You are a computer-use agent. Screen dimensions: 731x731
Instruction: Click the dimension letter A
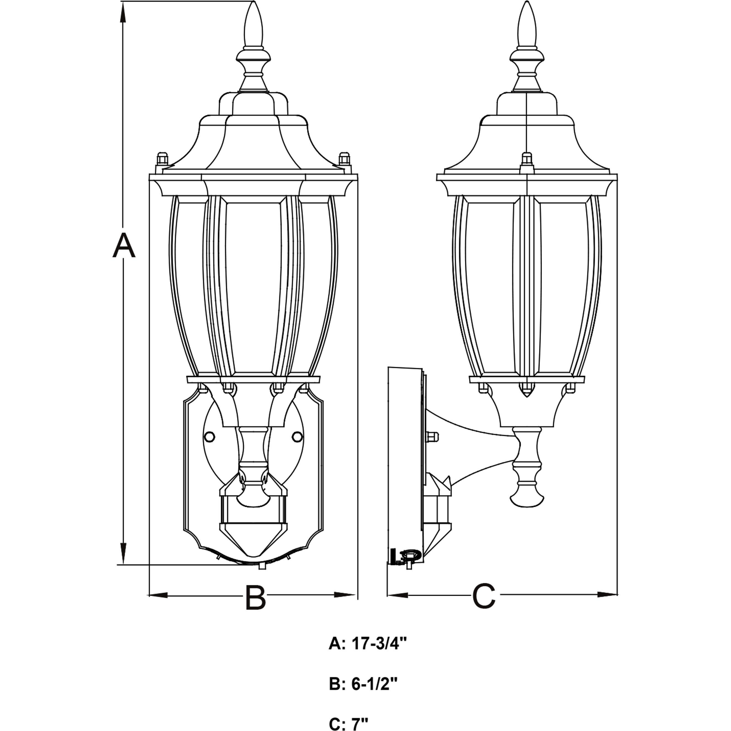[124, 246]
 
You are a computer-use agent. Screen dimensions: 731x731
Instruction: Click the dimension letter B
[255, 598]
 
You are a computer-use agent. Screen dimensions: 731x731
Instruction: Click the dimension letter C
[484, 596]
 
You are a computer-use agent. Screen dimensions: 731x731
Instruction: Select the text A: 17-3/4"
[368, 643]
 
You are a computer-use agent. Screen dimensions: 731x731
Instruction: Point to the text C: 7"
[348, 724]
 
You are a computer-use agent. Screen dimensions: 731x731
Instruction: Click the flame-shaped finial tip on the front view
[253, 23]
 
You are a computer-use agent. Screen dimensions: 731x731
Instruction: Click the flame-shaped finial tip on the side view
[527, 23]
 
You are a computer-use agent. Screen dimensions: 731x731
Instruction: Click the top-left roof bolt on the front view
[162, 158]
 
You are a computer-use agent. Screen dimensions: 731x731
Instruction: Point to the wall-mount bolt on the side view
[432, 437]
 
